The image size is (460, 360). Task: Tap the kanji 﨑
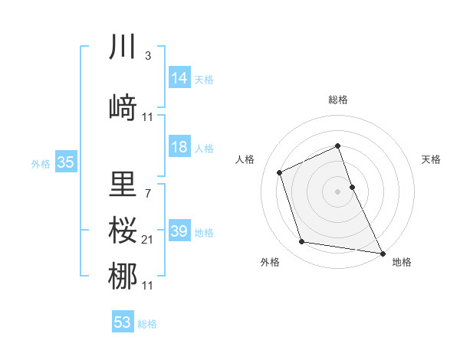[123, 108]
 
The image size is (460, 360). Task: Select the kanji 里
[123, 184]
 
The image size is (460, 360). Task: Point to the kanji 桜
[123, 229]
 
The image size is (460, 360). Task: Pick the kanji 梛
[123, 276]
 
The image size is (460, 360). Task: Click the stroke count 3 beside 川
[147, 56]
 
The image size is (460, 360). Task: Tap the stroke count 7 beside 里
[147, 192]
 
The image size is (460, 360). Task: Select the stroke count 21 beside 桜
[148, 240]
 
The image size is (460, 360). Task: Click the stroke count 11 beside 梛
[148, 286]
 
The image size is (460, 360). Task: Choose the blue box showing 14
[179, 78]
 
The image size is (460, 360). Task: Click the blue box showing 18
[179, 147]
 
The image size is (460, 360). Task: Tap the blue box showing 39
[179, 231]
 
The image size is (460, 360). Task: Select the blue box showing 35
[65, 162]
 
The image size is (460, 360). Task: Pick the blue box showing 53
[122, 322]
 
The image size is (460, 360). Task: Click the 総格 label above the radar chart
[338, 100]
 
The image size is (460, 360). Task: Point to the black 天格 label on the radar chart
[432, 159]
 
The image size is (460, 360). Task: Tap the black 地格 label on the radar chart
[402, 262]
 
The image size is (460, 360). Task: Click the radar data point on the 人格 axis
[280, 172]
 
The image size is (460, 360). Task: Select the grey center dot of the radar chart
[338, 191]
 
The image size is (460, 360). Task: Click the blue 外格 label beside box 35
[40, 163]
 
